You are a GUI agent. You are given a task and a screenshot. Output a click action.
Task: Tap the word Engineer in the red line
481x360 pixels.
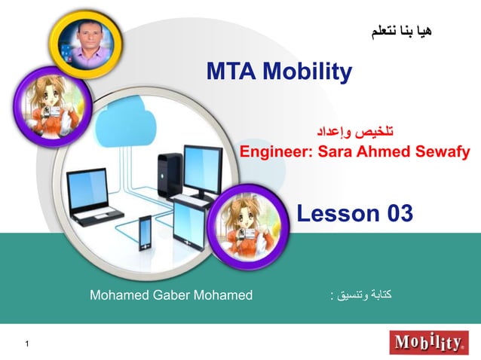276,152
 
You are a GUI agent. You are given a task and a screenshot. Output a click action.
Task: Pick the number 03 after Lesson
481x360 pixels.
400,213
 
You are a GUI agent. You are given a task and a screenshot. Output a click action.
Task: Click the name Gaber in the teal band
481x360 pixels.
171,294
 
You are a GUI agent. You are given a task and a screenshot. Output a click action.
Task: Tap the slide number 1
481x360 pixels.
26,345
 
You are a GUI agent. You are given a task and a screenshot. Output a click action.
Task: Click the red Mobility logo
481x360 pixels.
427,343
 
